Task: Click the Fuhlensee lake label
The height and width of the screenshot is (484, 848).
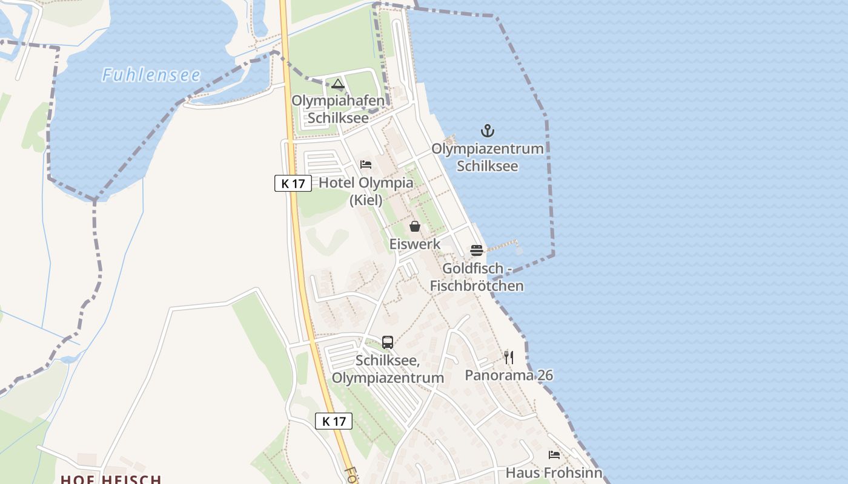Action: tap(151, 75)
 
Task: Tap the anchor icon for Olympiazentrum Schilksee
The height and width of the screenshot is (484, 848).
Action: tap(487, 130)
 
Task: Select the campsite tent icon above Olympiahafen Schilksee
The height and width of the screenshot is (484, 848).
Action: tap(338, 83)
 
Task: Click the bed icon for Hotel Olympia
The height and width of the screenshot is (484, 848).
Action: tap(365, 165)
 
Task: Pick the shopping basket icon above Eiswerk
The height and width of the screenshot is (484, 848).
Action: tap(415, 226)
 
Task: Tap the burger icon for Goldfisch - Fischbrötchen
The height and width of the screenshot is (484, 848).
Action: tap(477, 250)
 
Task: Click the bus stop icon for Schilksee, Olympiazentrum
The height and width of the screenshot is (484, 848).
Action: tap(388, 342)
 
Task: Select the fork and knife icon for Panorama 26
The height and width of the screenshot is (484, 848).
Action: tap(509, 358)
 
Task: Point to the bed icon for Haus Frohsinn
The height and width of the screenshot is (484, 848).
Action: tap(554, 455)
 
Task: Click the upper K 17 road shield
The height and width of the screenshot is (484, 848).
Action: tap(293, 183)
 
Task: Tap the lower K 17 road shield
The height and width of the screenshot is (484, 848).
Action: tap(334, 421)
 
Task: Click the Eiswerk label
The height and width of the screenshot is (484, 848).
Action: tap(415, 244)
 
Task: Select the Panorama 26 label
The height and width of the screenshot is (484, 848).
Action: tap(509, 375)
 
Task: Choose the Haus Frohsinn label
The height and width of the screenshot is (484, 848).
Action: tap(554, 473)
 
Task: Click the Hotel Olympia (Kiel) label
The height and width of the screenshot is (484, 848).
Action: tap(366, 191)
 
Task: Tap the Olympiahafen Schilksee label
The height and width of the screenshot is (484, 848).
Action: tap(338, 109)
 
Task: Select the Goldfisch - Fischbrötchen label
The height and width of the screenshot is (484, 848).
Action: tap(477, 276)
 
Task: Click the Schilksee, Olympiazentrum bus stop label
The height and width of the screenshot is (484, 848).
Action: tap(388, 369)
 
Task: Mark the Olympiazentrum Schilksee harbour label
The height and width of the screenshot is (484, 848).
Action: tap(487, 157)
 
